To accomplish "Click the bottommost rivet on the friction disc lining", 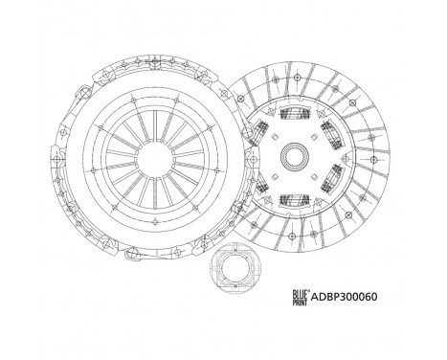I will click(294, 243).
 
